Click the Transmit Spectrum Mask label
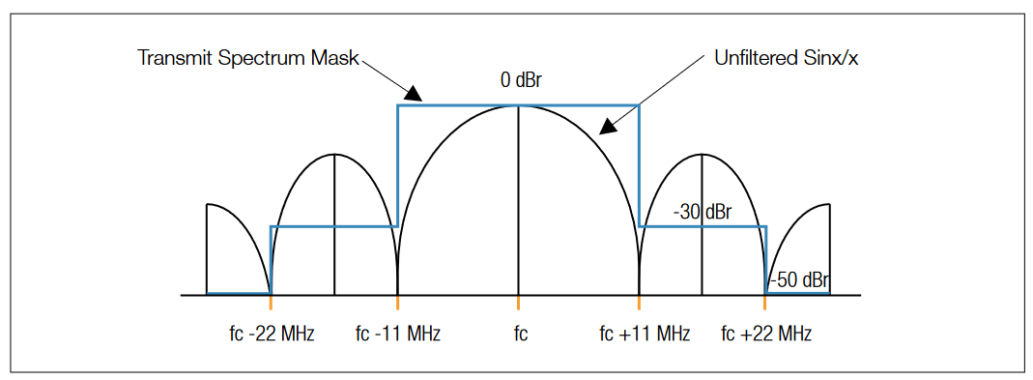247,57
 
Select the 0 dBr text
521,80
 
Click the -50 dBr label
799,281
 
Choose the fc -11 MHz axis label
398,335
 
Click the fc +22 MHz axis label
766,335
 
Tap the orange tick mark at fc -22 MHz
272,302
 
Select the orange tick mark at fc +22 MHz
765,302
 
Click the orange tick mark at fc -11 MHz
398,302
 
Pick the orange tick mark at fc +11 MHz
639,302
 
